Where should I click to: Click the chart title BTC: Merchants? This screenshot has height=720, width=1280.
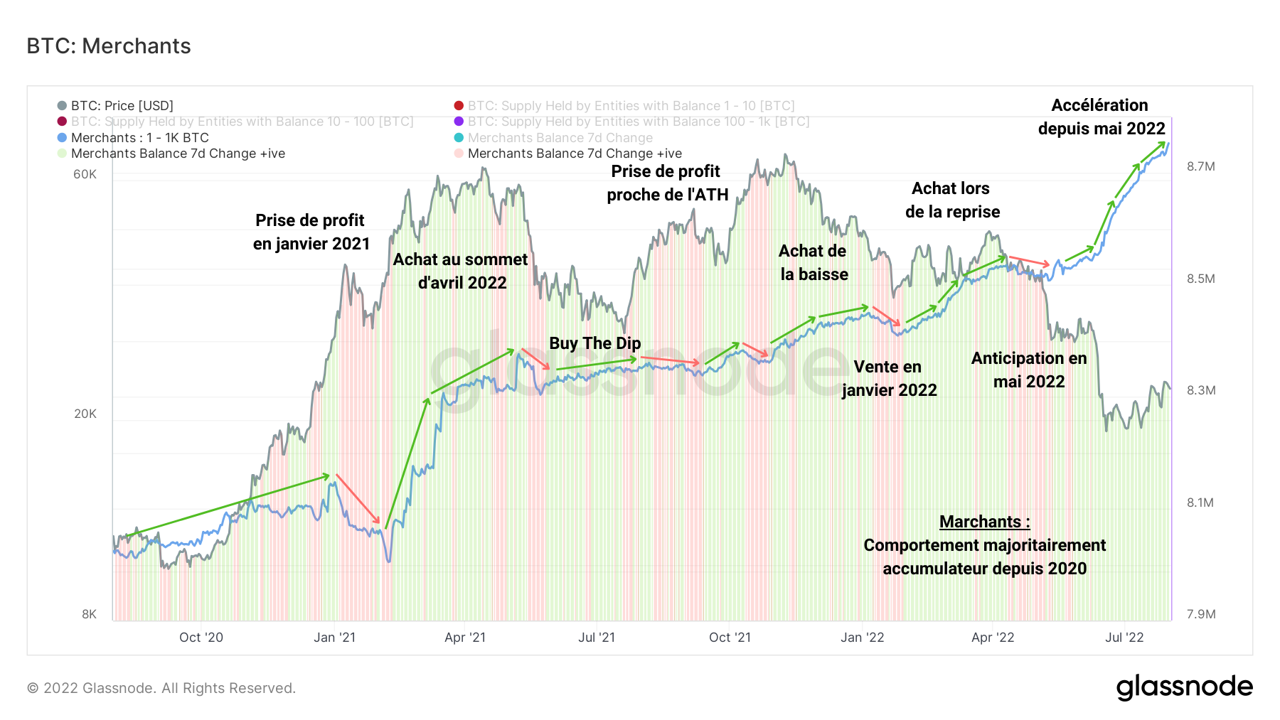pyautogui.click(x=108, y=46)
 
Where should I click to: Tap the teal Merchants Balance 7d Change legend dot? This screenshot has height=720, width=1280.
pyautogui.click(x=459, y=138)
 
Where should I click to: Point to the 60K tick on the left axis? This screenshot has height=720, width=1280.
pyautogui.click(x=85, y=175)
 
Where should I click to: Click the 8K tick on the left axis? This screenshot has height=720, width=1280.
pyautogui.click(x=89, y=614)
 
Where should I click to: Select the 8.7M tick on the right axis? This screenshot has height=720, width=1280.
pyautogui.click(x=1200, y=166)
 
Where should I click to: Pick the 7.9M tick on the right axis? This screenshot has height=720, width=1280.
pyautogui.click(x=1200, y=614)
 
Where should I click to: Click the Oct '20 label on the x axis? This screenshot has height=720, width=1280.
pyautogui.click(x=201, y=638)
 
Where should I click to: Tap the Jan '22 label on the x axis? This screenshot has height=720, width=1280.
pyautogui.click(x=862, y=638)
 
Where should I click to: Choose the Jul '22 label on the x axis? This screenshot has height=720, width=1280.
pyautogui.click(x=1124, y=638)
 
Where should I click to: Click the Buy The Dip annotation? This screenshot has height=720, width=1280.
pyautogui.click(x=594, y=343)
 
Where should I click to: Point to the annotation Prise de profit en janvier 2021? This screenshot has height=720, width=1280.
pyautogui.click(x=311, y=232)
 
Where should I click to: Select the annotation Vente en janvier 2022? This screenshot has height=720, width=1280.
pyautogui.click(x=889, y=378)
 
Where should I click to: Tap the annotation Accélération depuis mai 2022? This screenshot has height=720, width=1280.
pyautogui.click(x=1101, y=117)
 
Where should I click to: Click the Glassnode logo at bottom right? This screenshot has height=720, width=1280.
pyautogui.click(x=1184, y=687)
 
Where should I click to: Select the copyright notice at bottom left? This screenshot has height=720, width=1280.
pyautogui.click(x=161, y=688)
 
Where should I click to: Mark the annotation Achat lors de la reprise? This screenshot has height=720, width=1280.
pyautogui.click(x=951, y=200)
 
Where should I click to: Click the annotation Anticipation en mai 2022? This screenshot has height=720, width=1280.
pyautogui.click(x=1029, y=370)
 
